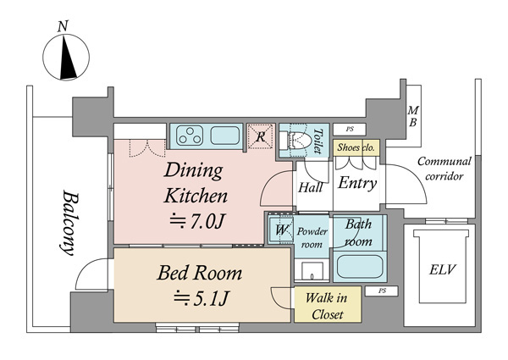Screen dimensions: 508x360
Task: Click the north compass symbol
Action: [66, 57]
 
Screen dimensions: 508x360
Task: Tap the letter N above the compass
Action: [63, 26]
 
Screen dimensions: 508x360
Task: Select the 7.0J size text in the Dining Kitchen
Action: [197, 222]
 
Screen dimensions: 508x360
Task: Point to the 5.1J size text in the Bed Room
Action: [202, 298]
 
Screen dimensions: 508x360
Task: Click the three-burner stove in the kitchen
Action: [190, 136]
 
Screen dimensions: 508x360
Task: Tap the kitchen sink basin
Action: [225, 136]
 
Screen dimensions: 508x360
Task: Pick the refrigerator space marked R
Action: [261, 136]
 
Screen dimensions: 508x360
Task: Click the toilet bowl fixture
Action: [299, 141]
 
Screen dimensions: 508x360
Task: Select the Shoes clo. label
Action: [356, 147]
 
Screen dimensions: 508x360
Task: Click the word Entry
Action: [357, 183]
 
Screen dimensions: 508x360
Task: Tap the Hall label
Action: [311, 187]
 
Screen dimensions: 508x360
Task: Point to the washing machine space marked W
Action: [281, 230]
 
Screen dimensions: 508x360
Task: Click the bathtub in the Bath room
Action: [360, 266]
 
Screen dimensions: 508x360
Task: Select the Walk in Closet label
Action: [327, 306]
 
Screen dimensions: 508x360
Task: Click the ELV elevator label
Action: [442, 269]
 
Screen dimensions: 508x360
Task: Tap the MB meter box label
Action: [413, 116]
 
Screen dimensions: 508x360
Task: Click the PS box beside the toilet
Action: [350, 129]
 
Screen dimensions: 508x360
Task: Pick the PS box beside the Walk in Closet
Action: [382, 291]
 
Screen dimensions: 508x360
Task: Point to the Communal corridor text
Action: [444, 169]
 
